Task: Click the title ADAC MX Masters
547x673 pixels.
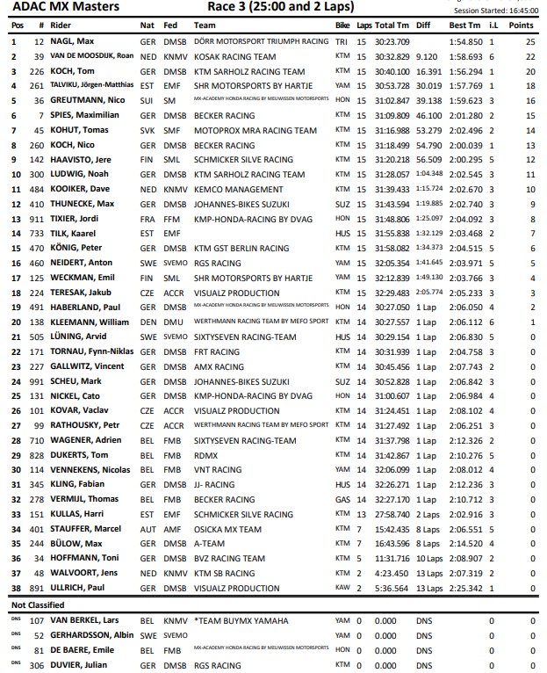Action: coord(58,7)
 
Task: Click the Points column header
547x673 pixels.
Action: coord(524,25)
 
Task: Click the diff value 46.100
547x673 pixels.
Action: coord(429,114)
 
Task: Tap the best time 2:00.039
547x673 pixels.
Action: coord(466,144)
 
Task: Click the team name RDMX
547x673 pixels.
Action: coord(205,455)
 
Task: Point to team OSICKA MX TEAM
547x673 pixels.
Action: coord(227,530)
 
